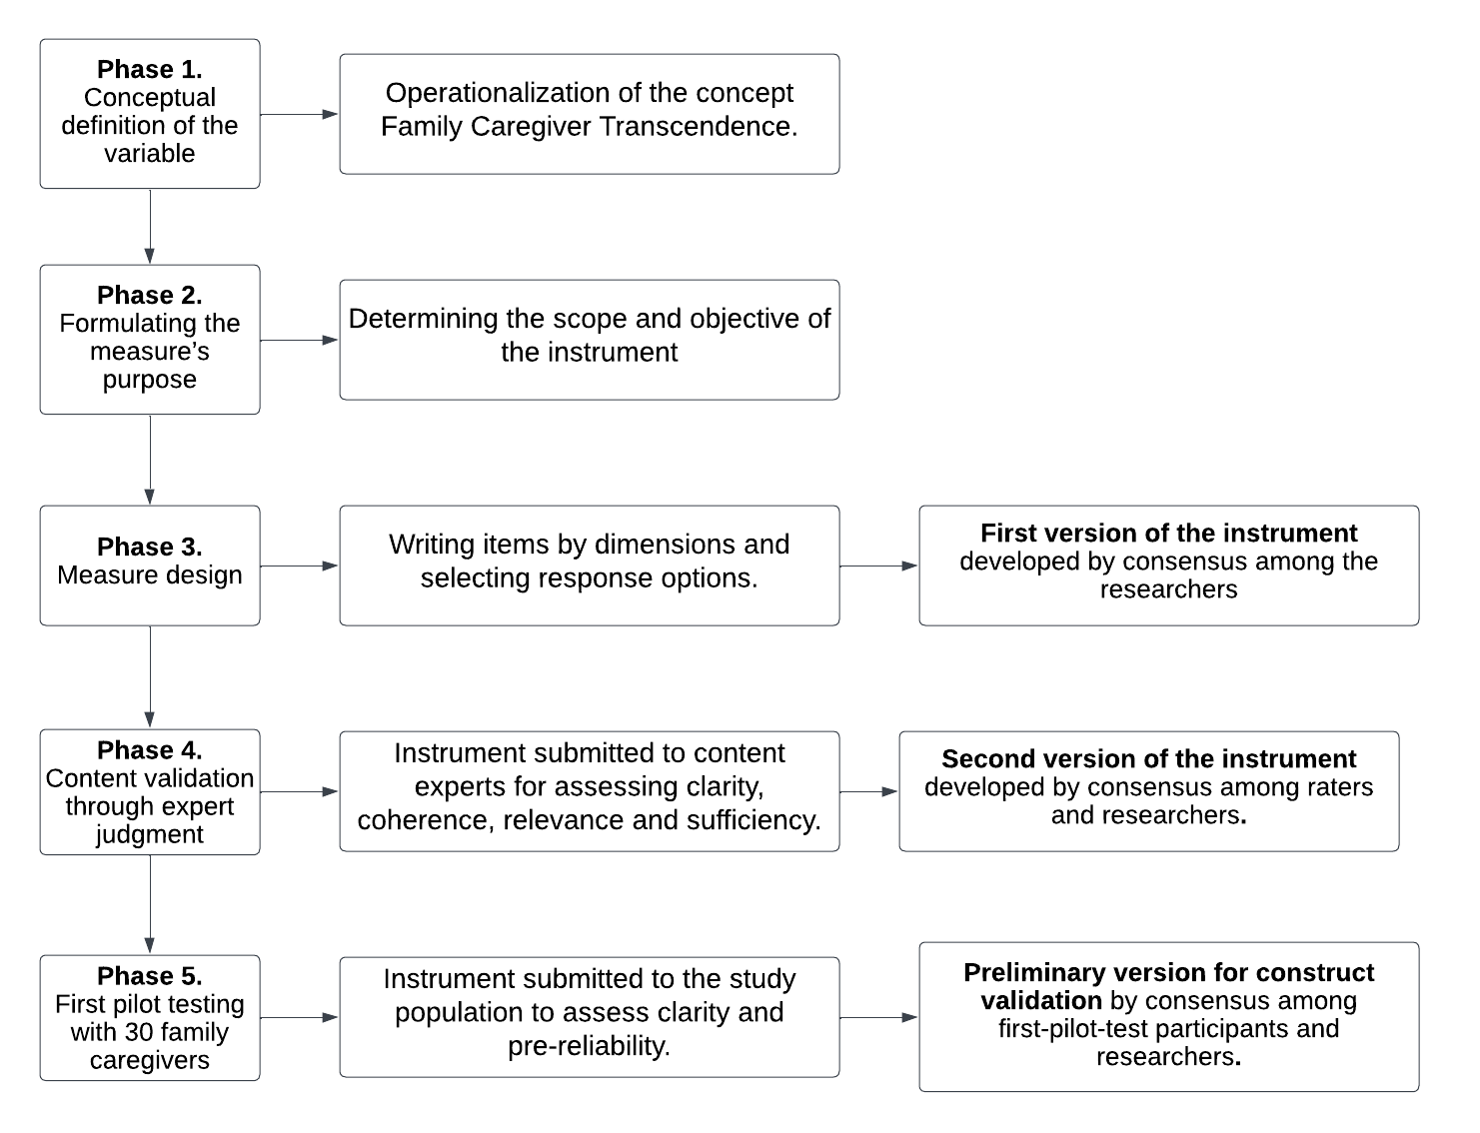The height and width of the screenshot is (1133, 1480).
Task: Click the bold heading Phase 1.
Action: pos(149,70)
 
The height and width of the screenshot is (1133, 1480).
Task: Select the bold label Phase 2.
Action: pos(149,296)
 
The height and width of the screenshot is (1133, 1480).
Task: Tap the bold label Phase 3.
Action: pos(149,547)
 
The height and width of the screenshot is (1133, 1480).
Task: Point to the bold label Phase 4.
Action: pos(149,750)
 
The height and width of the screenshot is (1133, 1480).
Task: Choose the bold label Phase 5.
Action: pos(149,976)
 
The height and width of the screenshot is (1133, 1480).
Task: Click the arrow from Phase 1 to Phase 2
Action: pos(150,227)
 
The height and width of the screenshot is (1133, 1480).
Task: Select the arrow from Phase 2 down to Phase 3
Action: pos(150,460)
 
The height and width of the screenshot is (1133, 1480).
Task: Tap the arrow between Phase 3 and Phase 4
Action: pos(150,676)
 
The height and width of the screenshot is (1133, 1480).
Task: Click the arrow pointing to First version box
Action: pos(878,566)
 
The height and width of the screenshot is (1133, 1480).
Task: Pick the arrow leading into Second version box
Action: pos(868,792)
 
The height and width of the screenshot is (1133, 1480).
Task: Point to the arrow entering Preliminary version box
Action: pos(878,1018)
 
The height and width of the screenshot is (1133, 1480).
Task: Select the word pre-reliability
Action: pos(590,1046)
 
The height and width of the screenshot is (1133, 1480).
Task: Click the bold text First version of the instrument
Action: pos(1169,534)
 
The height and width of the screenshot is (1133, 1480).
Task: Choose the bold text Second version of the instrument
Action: pos(1149,759)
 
